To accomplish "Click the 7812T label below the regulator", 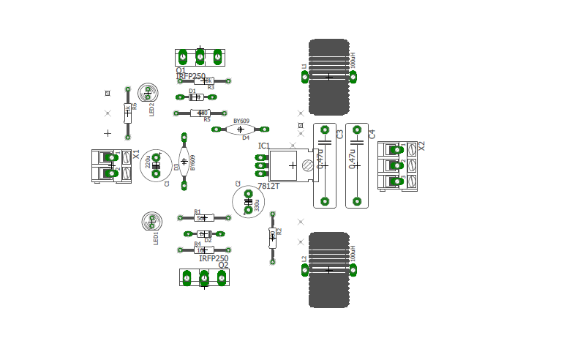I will point(268,187).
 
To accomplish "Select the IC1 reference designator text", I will point(263,146).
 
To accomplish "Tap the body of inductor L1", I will point(328,77).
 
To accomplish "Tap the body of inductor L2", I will point(328,270).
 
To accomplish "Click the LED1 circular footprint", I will point(151,221).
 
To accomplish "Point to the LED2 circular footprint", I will point(148,92).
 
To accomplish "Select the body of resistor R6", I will point(127,113).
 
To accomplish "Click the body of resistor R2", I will point(272,237).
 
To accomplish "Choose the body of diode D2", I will point(204,234).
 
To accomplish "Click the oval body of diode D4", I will point(240,130).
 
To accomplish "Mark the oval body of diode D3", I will point(184,161).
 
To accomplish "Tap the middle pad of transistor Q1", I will point(200,56).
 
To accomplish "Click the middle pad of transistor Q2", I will point(204,278).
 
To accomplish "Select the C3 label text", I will point(340,135).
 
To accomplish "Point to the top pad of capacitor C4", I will point(357,130).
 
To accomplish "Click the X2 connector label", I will point(421,146).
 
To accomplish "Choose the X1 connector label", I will point(136,154).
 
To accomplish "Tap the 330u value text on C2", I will point(257,206).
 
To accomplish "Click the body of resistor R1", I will point(203,218).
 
